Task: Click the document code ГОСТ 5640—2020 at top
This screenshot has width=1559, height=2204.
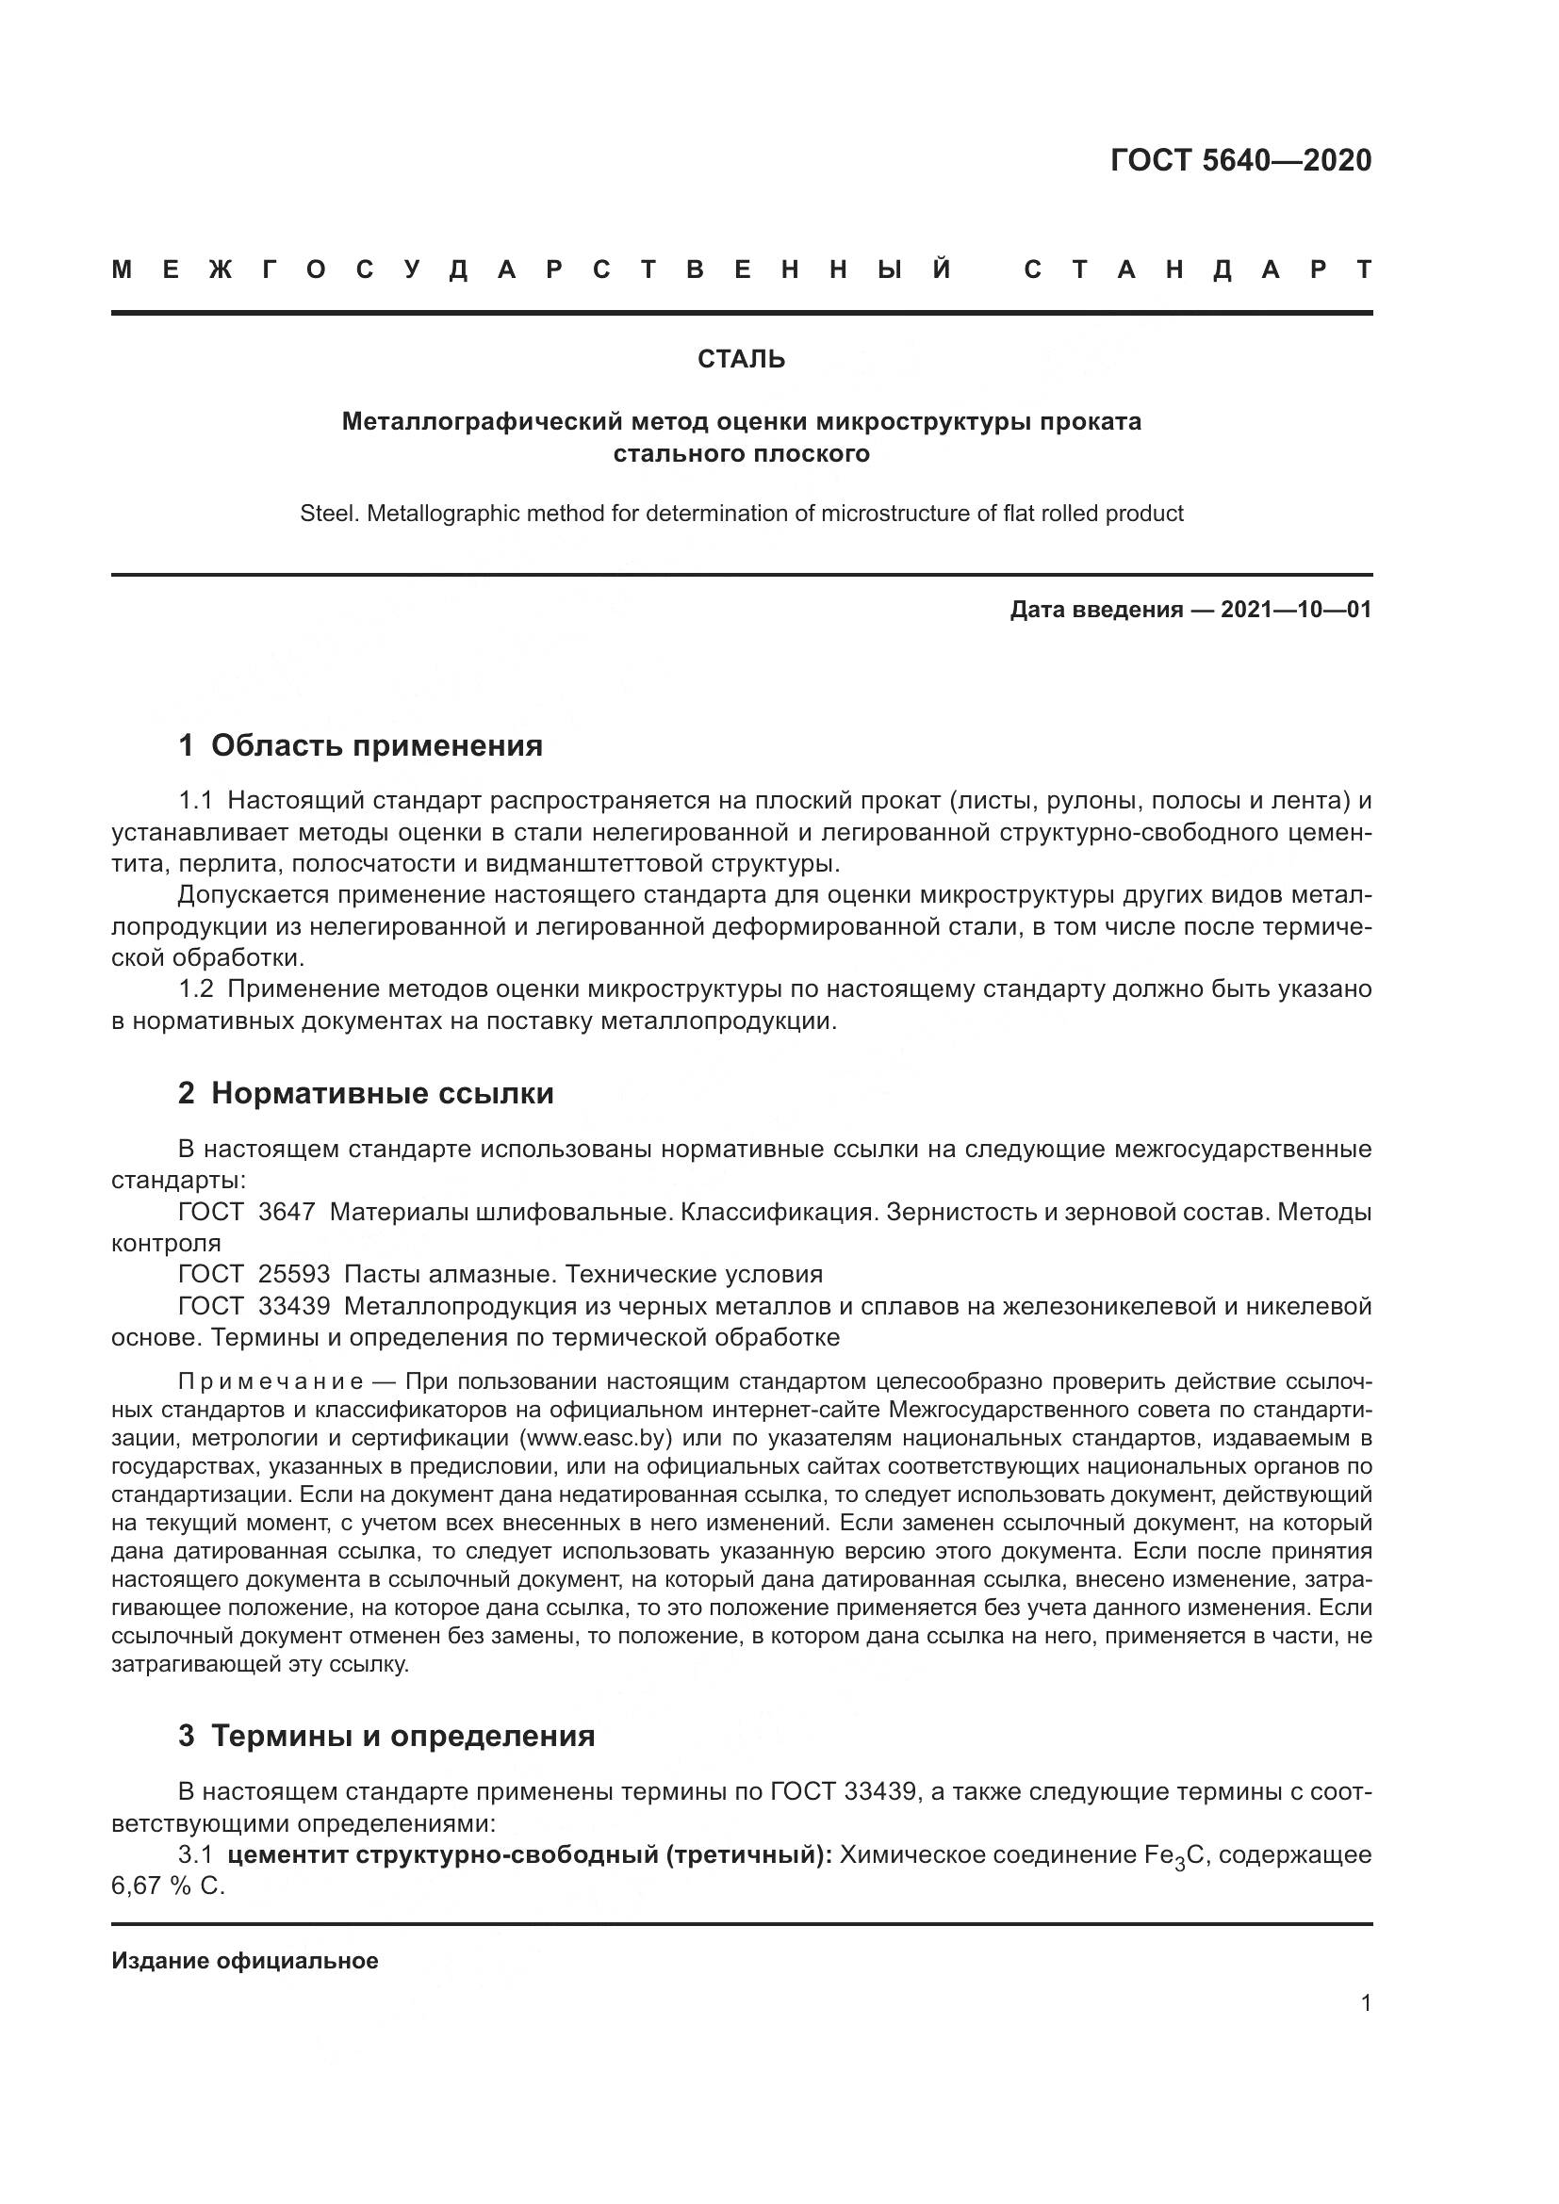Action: tap(1240, 160)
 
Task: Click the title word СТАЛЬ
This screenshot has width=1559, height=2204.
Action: tap(741, 359)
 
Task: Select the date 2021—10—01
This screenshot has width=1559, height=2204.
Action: tap(1295, 610)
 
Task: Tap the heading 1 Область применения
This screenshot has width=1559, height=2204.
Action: tap(360, 745)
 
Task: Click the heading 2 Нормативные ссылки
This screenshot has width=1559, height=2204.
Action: tap(366, 1093)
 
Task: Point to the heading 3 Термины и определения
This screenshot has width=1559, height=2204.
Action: tap(386, 1736)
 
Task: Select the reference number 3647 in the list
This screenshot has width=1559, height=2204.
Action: tap(287, 1212)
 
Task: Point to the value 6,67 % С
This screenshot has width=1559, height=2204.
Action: tap(168, 1886)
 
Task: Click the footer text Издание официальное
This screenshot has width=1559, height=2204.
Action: tap(245, 1961)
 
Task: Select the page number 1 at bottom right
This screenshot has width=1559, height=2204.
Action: tap(1366, 2003)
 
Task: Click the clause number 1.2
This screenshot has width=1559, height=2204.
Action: tap(196, 988)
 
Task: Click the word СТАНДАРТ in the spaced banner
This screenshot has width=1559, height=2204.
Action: tap(1198, 269)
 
